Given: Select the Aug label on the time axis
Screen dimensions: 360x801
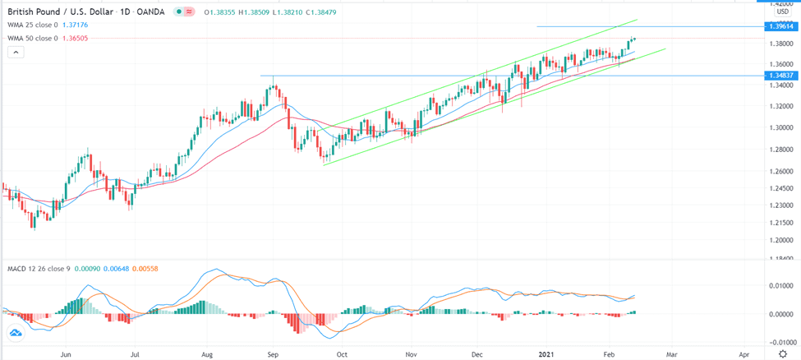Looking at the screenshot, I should click(207, 353).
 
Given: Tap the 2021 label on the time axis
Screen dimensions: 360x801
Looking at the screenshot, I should click(546, 353).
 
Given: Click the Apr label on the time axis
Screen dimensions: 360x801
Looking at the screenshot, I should click(743, 353).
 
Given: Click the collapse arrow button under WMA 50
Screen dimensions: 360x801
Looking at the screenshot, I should click(15, 52).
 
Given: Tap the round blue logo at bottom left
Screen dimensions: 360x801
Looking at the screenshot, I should click(16, 334).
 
